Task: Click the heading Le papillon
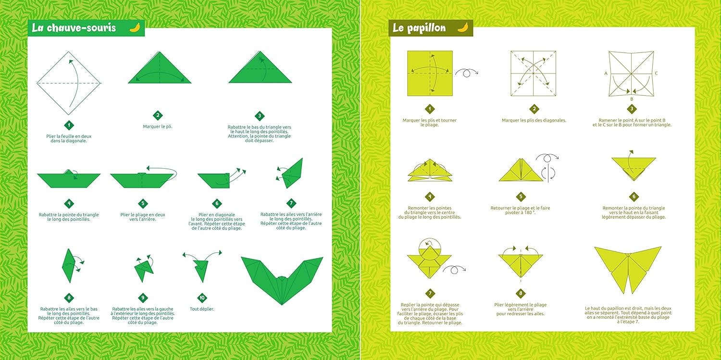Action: [419, 28]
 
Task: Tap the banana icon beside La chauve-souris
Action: [135, 27]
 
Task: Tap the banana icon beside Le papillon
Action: [462, 27]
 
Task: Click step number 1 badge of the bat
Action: [69, 125]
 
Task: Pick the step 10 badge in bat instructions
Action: [202, 298]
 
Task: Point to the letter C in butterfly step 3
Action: [656, 74]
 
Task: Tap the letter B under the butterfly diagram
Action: [631, 99]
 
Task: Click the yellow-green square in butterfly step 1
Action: [430, 73]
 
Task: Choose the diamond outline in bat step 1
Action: [69, 83]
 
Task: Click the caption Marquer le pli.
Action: [158, 126]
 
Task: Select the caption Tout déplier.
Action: [202, 309]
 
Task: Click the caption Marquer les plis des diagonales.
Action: [534, 120]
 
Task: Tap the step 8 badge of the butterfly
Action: [521, 293]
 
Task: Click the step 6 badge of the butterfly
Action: [634, 196]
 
